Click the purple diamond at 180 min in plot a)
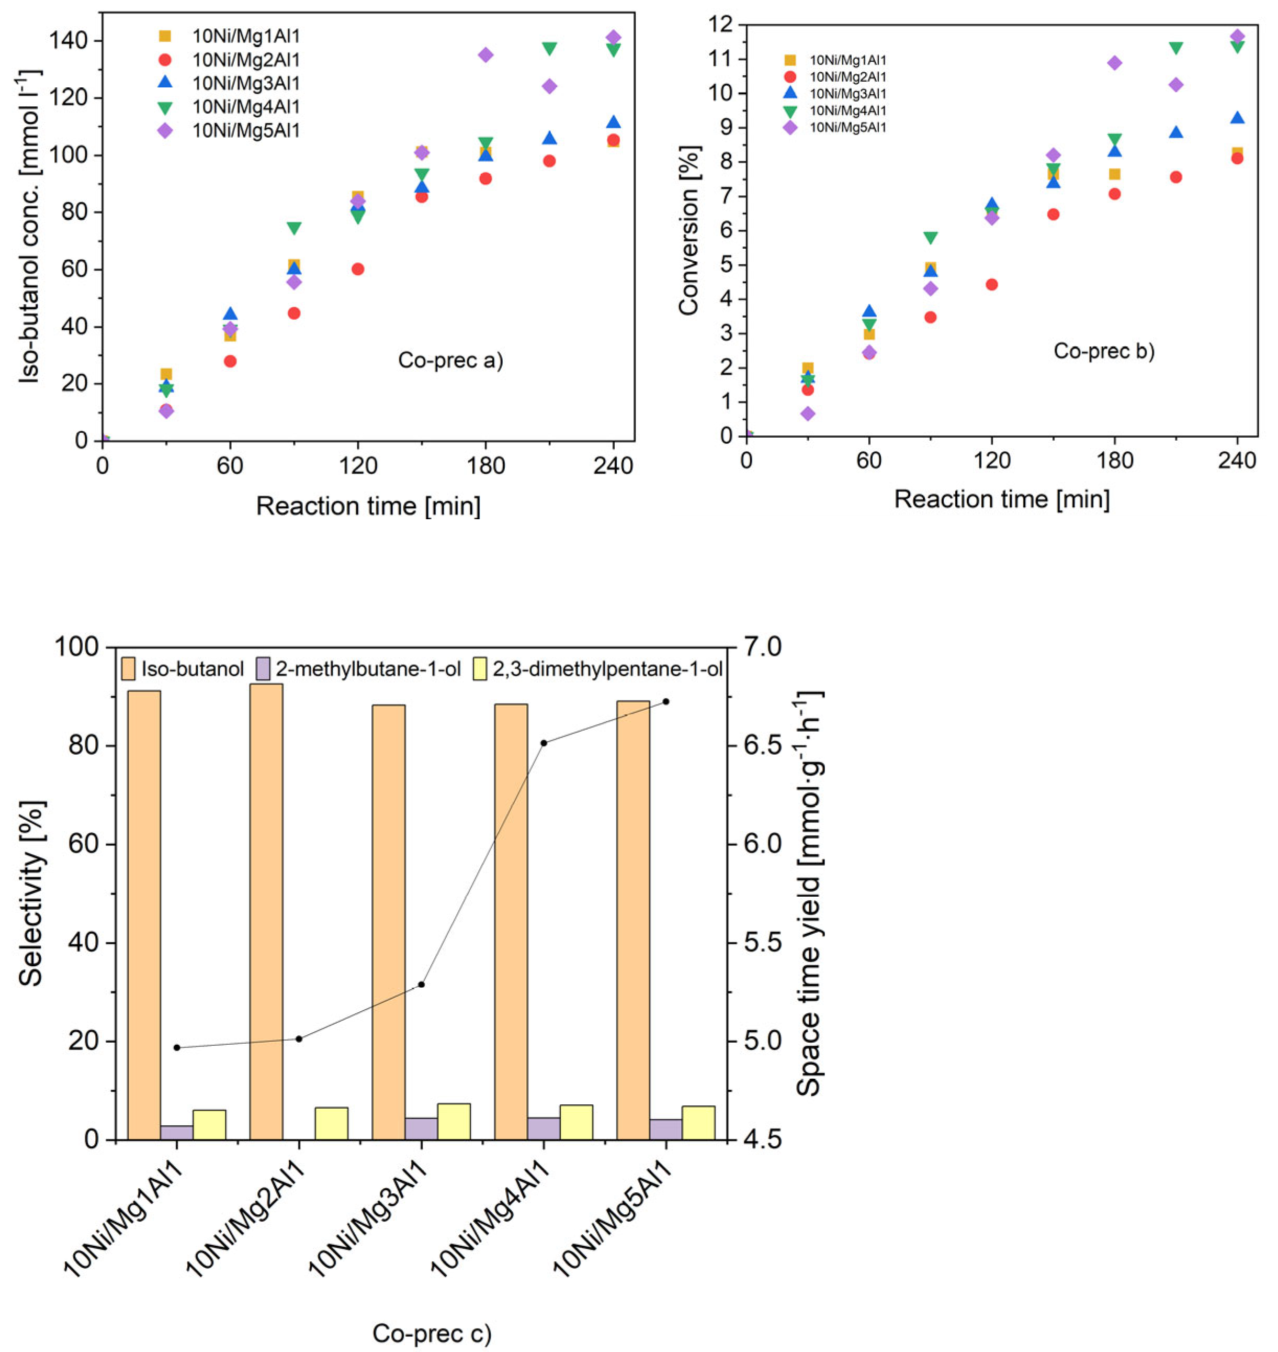tap(485, 54)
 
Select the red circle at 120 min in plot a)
tap(358, 269)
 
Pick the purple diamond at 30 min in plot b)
tap(807, 414)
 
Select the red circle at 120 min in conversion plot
tap(991, 284)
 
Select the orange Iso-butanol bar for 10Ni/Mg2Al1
tap(266, 913)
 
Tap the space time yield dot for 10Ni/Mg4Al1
tap(544, 743)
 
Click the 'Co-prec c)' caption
tap(432, 1333)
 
